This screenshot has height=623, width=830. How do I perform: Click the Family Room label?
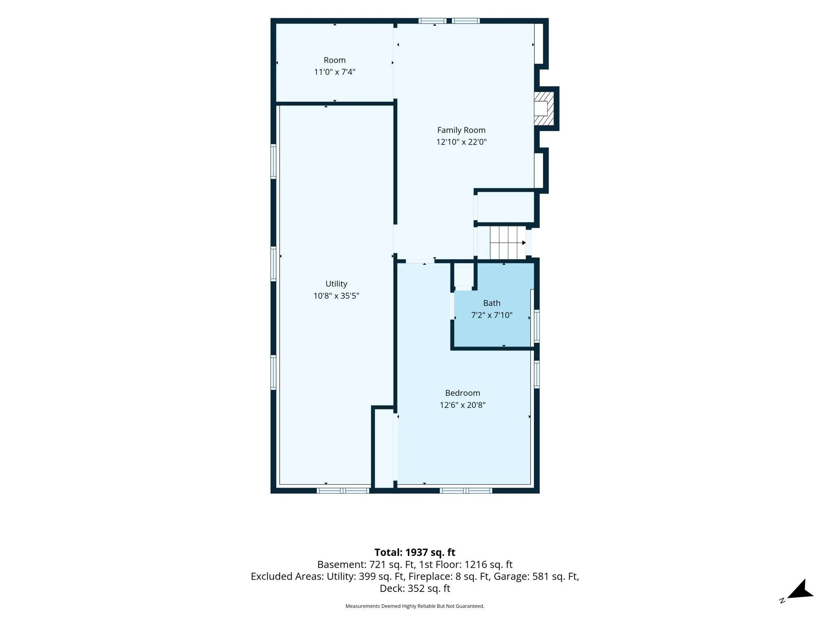pos(461,130)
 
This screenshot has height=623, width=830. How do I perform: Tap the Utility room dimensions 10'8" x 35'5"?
pos(336,296)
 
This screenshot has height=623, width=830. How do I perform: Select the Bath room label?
pos(492,303)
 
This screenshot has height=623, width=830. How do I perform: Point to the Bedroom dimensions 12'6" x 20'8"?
pos(462,405)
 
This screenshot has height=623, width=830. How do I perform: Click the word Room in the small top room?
pos(334,60)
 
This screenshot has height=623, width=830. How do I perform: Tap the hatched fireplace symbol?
pos(544,109)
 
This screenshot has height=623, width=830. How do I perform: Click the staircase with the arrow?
pos(508,242)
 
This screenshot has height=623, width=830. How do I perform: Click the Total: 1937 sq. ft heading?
pos(415,552)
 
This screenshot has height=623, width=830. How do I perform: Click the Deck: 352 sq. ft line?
pos(415,589)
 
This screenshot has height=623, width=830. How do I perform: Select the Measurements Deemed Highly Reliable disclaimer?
pos(415,606)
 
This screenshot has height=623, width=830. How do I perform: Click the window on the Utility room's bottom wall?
pos(343,491)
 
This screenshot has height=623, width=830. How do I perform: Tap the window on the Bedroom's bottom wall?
pos(466,491)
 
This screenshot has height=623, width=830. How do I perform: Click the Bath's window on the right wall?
pos(537,326)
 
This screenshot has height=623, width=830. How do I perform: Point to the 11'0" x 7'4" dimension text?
pos(334,72)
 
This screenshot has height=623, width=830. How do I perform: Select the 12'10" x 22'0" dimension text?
pos(461,142)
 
